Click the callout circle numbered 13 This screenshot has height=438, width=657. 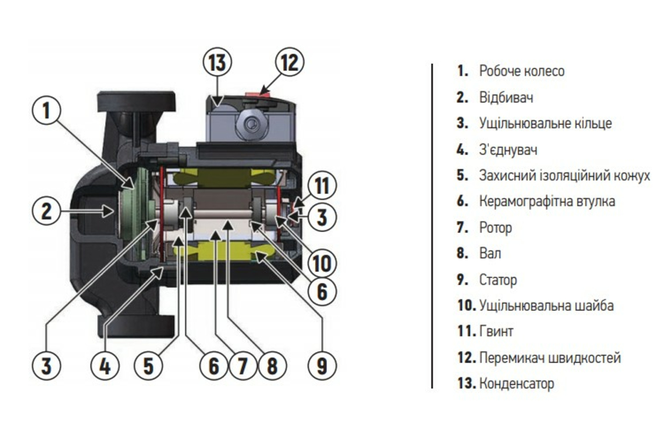[217, 62]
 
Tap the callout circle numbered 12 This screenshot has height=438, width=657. [290, 62]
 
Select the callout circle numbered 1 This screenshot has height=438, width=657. [47, 110]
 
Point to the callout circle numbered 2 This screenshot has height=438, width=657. [47, 211]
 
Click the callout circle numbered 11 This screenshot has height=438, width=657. [322, 186]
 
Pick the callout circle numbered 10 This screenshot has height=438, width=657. [322, 263]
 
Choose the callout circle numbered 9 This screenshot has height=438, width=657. [322, 366]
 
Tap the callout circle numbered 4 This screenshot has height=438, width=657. [105, 366]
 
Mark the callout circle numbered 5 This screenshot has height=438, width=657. [148, 366]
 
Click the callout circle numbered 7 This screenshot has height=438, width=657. [243, 366]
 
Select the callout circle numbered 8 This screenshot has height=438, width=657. [272, 366]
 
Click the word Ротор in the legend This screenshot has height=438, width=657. [495, 228]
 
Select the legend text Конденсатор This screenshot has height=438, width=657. [516, 383]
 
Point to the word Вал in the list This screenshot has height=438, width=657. [490, 253]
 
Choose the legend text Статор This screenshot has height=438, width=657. [498, 280]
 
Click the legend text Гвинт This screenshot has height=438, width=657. [496, 331]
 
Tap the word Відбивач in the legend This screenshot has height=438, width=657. [506, 97]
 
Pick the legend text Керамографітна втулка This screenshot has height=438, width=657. [547, 201]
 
